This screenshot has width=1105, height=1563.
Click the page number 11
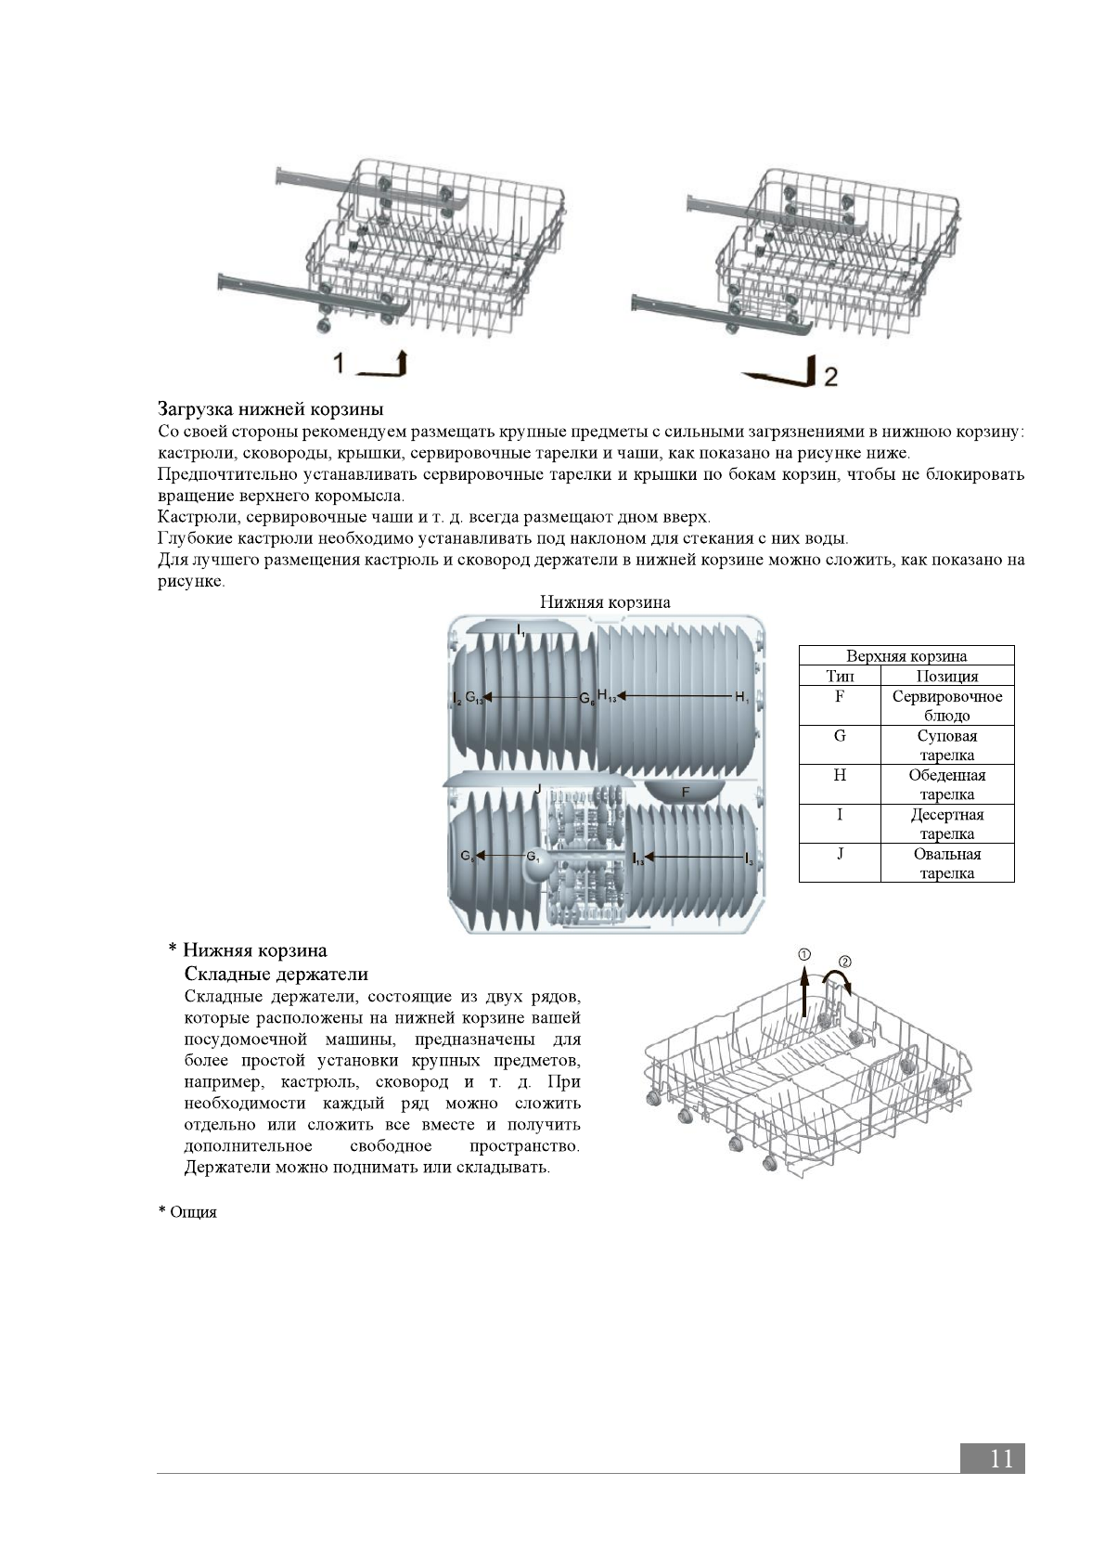click(x=1001, y=1458)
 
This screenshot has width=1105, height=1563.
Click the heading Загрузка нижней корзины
click(x=270, y=408)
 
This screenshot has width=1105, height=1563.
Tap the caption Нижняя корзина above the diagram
click(x=605, y=602)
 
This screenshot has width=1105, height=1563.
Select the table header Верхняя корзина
click(x=906, y=656)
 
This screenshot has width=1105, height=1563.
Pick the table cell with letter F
click(x=840, y=696)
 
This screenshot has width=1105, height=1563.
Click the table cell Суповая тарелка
click(x=946, y=745)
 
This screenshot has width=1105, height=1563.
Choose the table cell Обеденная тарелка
click(x=946, y=784)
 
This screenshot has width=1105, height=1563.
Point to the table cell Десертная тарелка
click(x=946, y=824)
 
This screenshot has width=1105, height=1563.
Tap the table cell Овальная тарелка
click(x=946, y=863)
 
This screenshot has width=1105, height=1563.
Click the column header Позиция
click(x=946, y=677)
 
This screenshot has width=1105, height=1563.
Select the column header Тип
click(x=840, y=677)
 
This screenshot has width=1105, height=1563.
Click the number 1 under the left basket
click(x=340, y=363)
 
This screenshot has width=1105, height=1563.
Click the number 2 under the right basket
click(x=830, y=376)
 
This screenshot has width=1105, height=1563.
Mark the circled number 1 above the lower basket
click(x=804, y=955)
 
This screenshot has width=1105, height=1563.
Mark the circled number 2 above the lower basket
click(x=844, y=962)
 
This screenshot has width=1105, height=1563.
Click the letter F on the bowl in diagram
click(x=686, y=792)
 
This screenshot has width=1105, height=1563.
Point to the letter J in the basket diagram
click(x=538, y=788)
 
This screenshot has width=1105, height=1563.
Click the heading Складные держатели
click(x=276, y=974)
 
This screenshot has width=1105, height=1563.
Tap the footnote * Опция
click(x=187, y=1212)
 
